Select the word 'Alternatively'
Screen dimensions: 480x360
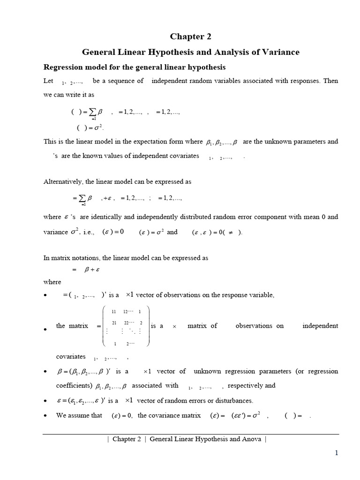tap(63, 181)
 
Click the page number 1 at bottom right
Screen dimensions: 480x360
tap(336, 453)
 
